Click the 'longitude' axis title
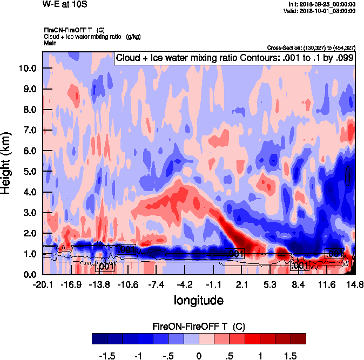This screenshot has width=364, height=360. tap(198, 300)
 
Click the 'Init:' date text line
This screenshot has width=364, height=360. tap(322, 4)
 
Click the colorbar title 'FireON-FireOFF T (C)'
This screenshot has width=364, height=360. tap(199, 327)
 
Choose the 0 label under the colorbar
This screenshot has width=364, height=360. tap(199, 356)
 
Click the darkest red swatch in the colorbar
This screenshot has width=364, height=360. tap(298, 338)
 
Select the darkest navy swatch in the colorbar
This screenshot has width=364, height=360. tap(99, 338)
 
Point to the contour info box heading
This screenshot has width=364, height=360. tap(234, 58)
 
